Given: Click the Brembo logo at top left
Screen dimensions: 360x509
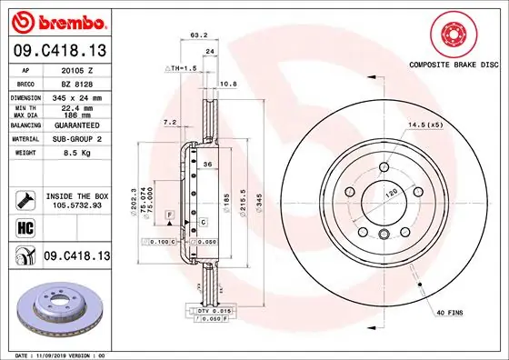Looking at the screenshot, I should pos(55,21).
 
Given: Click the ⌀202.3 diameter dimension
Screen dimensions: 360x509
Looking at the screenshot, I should pos(135,200).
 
